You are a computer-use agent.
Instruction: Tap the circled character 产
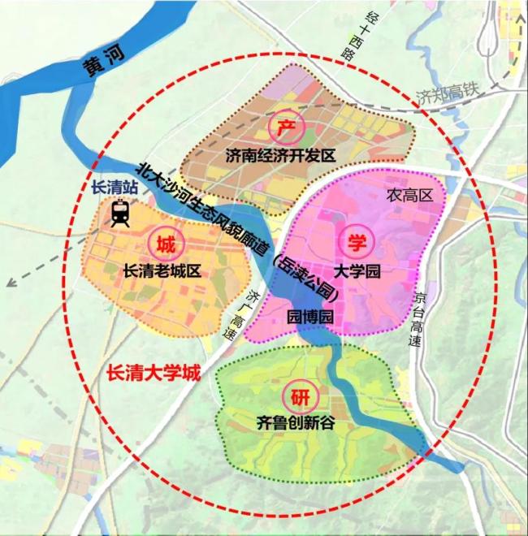tap(285, 129)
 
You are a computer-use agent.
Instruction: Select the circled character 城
tap(165, 242)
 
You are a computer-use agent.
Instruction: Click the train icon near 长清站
tap(121, 214)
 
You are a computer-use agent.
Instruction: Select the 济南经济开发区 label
tap(282, 156)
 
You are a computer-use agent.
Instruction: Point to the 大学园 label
tap(357, 270)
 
